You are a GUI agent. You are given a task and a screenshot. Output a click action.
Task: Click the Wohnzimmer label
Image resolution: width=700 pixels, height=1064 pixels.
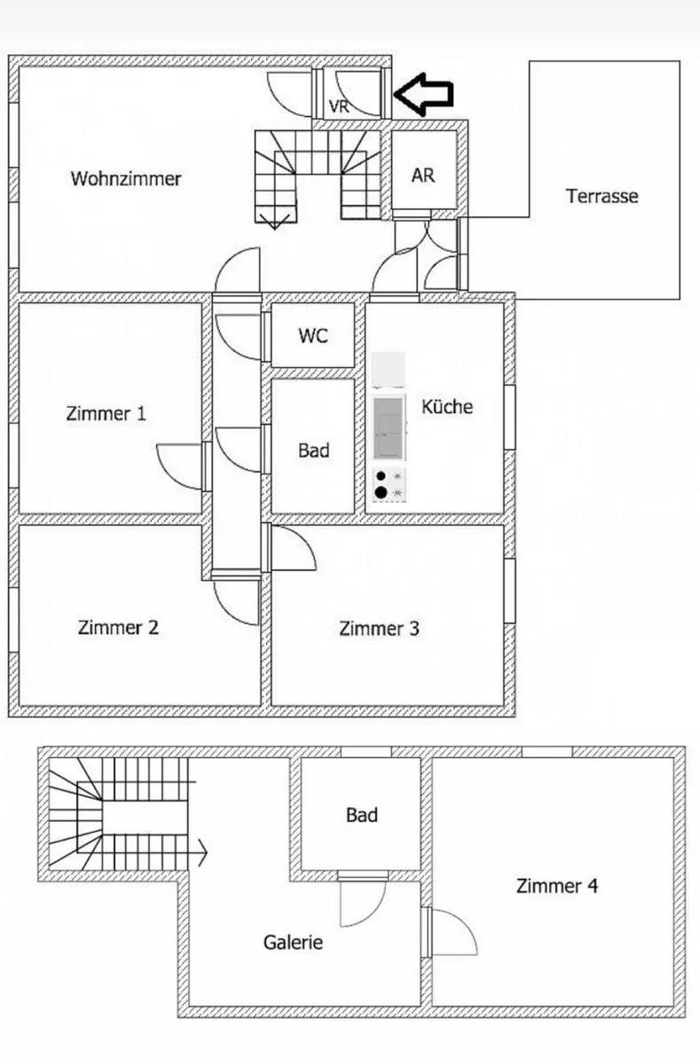[x=126, y=179]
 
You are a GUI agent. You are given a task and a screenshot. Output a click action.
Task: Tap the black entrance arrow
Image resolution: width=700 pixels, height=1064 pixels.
[x=423, y=94]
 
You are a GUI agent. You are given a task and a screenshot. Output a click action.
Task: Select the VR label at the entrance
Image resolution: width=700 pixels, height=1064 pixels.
[x=339, y=106]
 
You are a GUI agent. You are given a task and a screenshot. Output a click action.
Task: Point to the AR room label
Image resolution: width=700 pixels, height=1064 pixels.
[x=423, y=176]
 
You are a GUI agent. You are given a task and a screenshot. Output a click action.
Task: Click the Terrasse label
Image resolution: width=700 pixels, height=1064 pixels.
[x=602, y=196]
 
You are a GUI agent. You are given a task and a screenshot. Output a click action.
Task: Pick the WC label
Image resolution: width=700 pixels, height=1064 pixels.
[x=313, y=336]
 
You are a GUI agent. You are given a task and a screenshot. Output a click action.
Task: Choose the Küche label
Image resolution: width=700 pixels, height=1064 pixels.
[x=447, y=407]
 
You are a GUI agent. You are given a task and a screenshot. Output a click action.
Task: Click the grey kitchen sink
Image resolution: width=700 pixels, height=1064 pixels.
[x=389, y=429]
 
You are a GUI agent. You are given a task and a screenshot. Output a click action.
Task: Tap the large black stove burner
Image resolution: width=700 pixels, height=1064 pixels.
[x=381, y=493]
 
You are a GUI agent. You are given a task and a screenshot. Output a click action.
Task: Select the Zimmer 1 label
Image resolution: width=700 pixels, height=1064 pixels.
[x=106, y=413]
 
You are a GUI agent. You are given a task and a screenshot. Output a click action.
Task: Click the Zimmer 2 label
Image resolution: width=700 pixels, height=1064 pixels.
[x=118, y=628]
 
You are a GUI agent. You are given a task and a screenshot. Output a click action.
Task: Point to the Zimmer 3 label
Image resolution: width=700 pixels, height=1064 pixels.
[x=379, y=629]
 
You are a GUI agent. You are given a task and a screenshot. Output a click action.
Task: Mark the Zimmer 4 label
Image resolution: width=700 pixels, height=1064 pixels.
[x=557, y=886]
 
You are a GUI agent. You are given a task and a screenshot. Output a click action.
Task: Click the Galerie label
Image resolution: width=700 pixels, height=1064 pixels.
[x=293, y=943]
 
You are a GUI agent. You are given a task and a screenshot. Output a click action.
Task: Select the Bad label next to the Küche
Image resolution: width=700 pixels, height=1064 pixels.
[x=314, y=450]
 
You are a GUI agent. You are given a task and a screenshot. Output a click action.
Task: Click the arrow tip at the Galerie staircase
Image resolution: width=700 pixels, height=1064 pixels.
[x=207, y=853]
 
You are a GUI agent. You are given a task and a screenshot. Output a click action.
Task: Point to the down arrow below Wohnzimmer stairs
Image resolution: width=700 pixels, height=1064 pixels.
[x=274, y=222]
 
